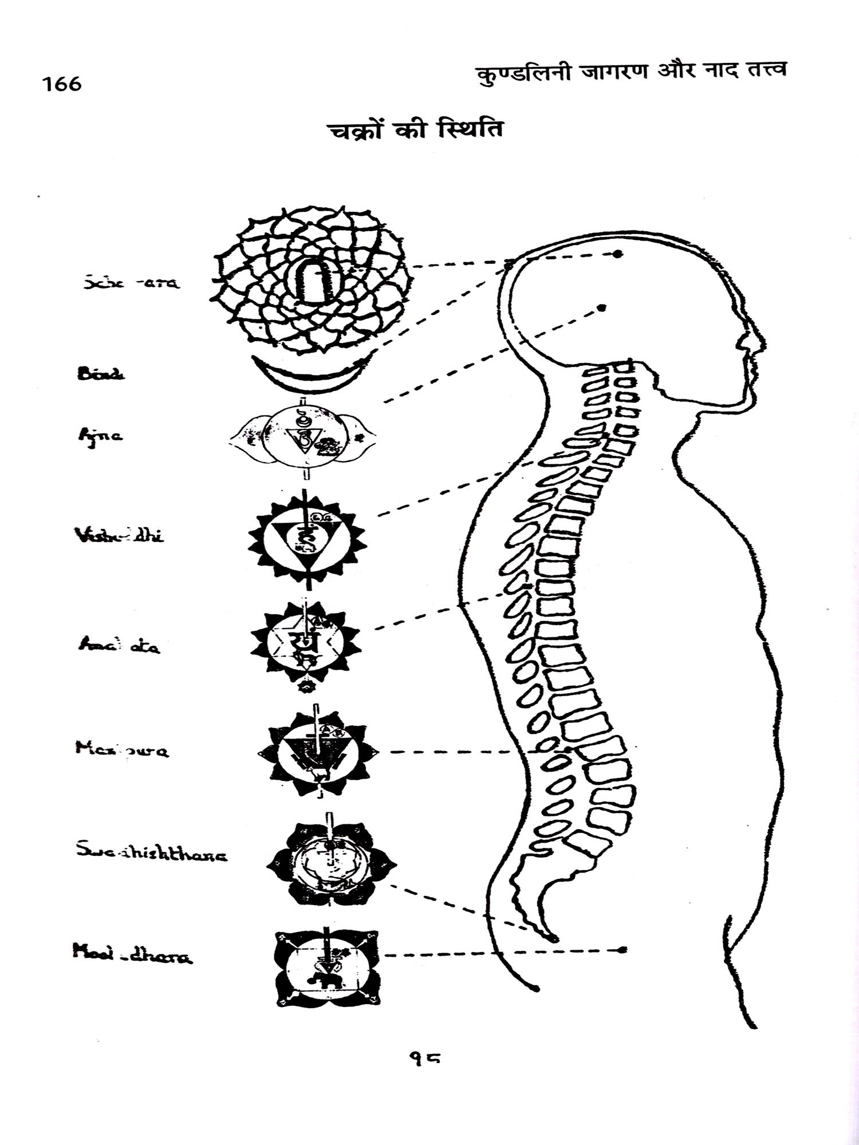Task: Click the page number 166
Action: pyautogui.click(x=61, y=84)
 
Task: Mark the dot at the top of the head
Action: pyautogui.click(x=617, y=254)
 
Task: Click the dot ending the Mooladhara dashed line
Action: pyautogui.click(x=624, y=950)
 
